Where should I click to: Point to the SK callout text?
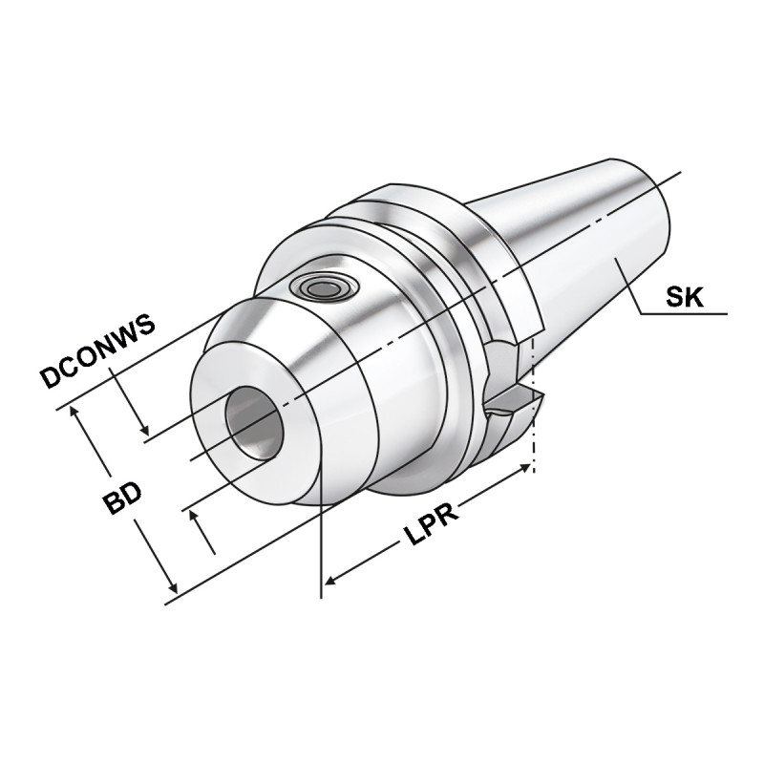tap(685, 297)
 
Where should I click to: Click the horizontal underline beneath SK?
tap(683, 313)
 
